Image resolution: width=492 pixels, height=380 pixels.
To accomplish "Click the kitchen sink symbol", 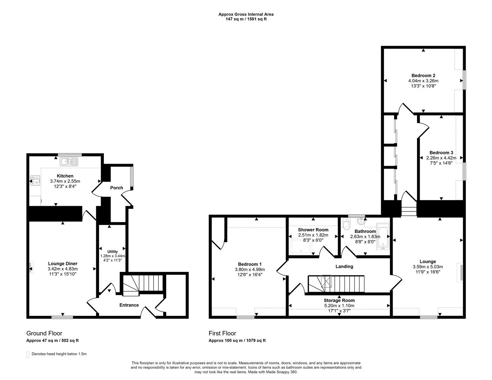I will click(69, 161).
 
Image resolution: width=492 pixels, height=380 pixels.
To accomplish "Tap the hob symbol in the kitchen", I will click(35, 180).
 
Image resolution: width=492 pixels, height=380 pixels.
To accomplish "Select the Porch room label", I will click(117, 188).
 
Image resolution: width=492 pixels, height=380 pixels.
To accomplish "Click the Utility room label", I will click(113, 252).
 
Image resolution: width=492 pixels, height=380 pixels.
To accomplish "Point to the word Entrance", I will click(129, 305).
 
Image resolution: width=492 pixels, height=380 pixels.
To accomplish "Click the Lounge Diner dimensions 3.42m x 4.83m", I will click(62, 269).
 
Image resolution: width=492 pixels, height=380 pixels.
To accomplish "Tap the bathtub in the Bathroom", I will click(382, 236).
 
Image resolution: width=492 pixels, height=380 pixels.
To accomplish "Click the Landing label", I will click(344, 266).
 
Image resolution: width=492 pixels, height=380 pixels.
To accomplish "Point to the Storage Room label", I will click(339, 300).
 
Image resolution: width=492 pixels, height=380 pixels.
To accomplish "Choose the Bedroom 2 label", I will click(423, 75).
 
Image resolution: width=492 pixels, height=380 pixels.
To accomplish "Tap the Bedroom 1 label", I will click(250, 264).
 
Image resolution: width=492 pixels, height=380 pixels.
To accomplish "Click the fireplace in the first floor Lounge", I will click(460, 272).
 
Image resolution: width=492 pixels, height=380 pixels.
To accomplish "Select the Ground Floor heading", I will click(44, 333).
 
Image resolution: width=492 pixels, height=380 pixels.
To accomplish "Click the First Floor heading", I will click(222, 333).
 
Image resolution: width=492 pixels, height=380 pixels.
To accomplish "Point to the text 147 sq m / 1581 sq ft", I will click(246, 19).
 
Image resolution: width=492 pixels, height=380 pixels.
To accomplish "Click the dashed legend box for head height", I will click(27, 354).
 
